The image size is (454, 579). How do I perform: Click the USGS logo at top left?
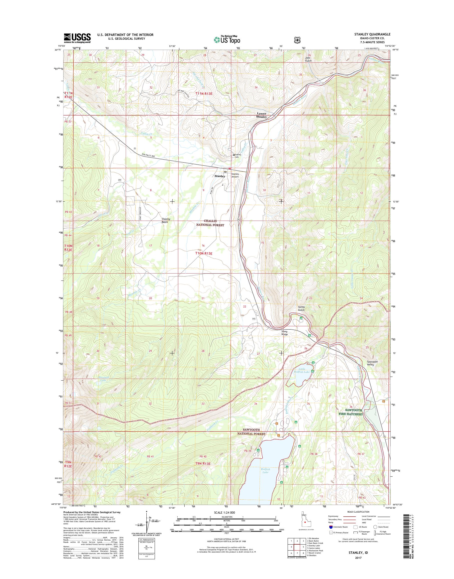[x=77, y=38]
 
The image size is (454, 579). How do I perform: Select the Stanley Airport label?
[x=235, y=175]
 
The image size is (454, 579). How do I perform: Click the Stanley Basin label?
[x=166, y=220]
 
